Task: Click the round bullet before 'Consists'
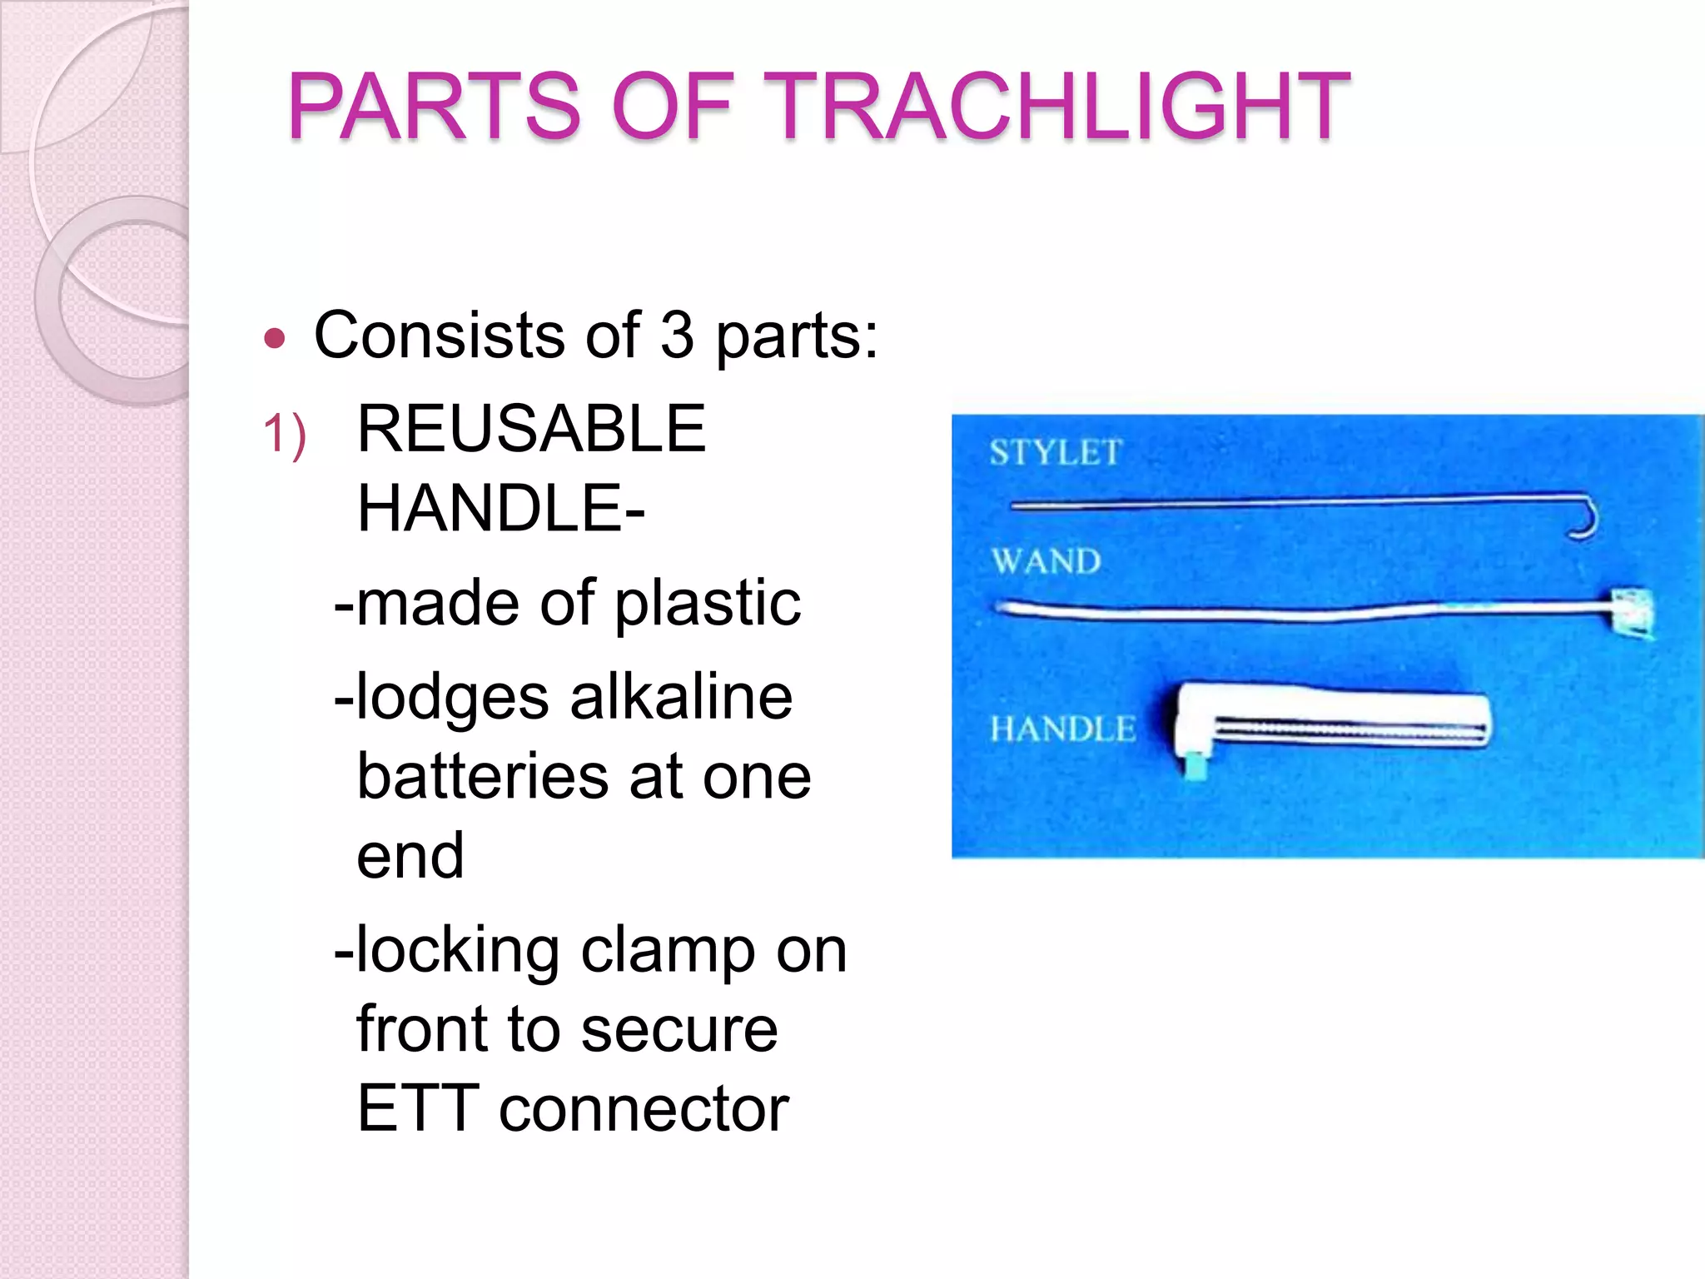tap(275, 339)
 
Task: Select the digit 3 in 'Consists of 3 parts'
tap(677, 336)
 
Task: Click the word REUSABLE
tap(531, 429)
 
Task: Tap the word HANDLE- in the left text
tap(500, 509)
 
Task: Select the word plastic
tap(708, 604)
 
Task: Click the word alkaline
tap(681, 698)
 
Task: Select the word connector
tap(644, 1110)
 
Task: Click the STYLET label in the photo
tap(1056, 453)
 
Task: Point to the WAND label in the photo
tap(1046, 561)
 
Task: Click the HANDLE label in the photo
tap(1062, 729)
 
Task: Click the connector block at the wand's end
tap(1629, 614)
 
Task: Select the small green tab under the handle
tap(1196, 765)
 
